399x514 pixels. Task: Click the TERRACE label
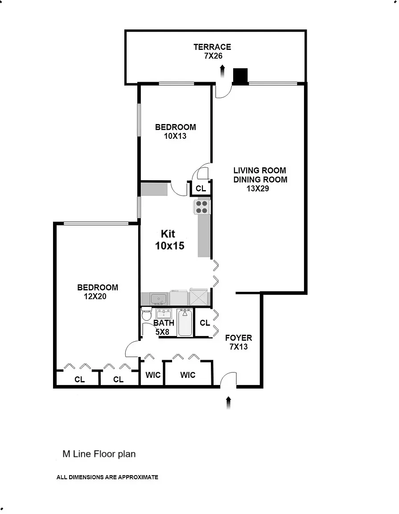[212, 47]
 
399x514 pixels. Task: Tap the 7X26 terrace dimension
[212, 56]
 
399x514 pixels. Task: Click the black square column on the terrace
[240, 76]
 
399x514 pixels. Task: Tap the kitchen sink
[158, 298]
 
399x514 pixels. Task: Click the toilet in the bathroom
[146, 315]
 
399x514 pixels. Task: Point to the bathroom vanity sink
[164, 313]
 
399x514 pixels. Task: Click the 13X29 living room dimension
[258, 188]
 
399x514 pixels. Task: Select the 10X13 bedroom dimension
[175, 136]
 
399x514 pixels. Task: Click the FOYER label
[239, 338]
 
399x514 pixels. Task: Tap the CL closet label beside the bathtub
[205, 323]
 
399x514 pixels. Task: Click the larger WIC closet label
[188, 375]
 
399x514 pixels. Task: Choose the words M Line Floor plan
[99, 454]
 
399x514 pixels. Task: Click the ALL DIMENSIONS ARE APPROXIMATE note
[107, 477]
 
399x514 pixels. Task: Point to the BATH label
[164, 323]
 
